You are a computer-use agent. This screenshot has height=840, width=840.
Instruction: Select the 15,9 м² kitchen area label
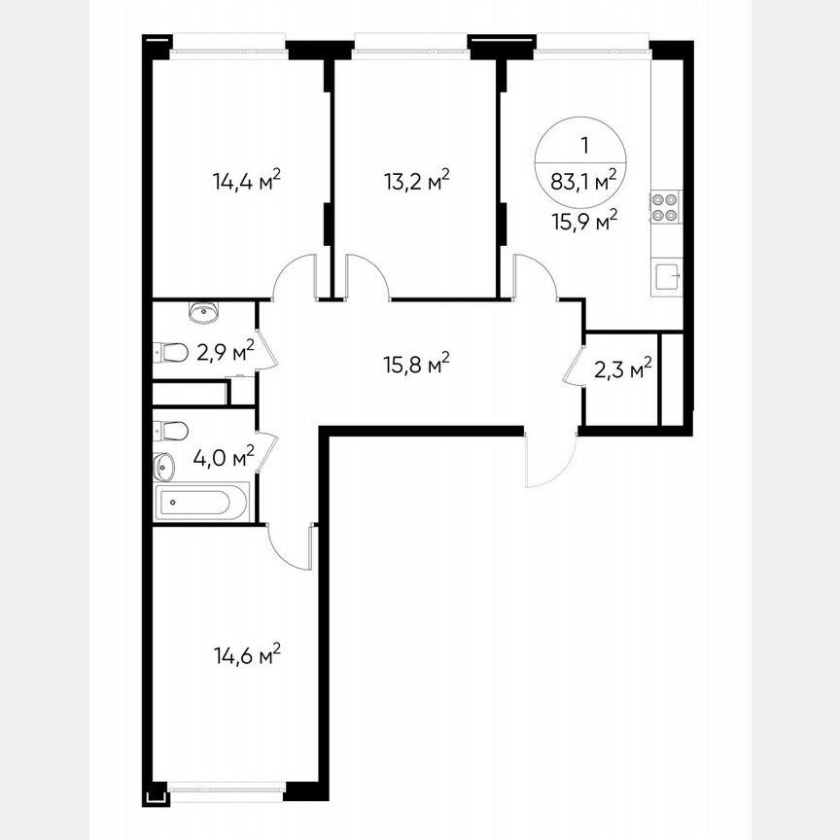tap(584, 222)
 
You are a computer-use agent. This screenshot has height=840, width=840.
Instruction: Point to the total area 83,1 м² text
tap(584, 180)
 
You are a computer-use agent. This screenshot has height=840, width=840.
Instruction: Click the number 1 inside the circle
tap(584, 146)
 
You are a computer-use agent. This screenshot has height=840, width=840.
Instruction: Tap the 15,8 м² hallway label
tap(414, 365)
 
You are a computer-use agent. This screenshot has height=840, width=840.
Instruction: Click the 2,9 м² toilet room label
tap(225, 350)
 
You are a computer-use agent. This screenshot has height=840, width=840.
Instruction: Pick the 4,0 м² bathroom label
tap(225, 456)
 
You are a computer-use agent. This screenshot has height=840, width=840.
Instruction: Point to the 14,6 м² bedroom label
tap(247, 654)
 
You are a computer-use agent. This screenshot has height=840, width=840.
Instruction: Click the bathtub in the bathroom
tap(202, 503)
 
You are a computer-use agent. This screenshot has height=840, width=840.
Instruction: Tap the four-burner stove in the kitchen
tap(665, 206)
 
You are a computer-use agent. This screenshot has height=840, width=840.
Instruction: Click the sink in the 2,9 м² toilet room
tap(204, 312)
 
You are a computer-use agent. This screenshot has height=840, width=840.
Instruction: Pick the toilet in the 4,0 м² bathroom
tap(169, 430)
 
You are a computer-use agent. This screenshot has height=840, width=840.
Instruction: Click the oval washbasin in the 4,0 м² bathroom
tap(163, 466)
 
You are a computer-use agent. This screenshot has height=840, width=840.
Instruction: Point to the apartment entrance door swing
tap(549, 459)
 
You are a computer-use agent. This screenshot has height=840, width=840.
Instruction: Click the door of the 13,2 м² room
tap(368, 275)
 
